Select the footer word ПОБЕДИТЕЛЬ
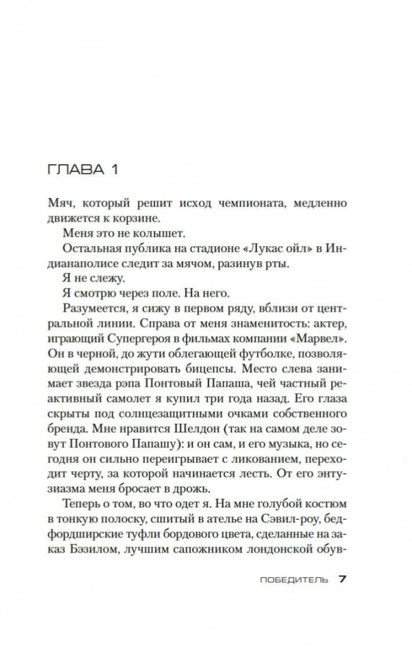click(x=298, y=579)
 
